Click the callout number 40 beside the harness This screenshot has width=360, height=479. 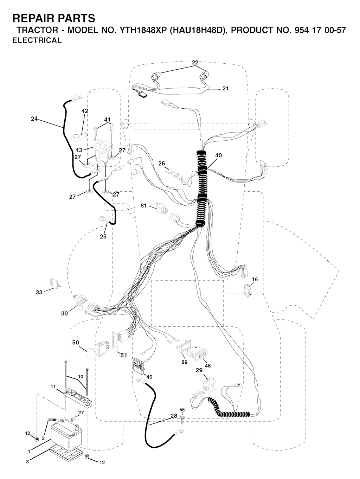click(218, 155)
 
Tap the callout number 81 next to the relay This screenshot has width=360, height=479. click(143, 206)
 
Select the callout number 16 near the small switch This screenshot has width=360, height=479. click(255, 279)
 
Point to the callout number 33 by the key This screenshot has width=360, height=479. click(39, 292)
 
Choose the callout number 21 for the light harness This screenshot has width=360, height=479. click(225, 88)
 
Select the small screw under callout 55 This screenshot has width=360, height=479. click(182, 418)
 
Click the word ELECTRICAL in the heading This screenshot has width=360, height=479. click(37, 40)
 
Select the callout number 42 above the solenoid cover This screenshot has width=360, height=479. click(85, 111)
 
